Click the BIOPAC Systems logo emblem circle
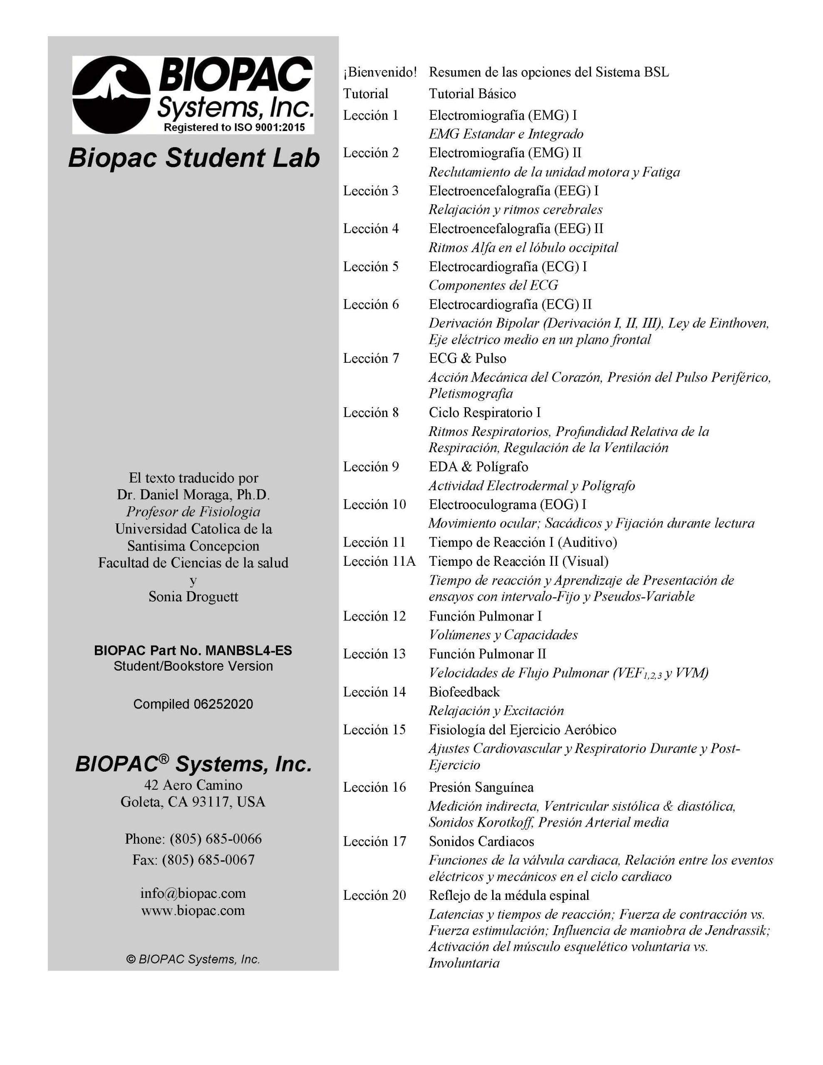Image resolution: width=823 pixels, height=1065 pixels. pyautogui.click(x=111, y=94)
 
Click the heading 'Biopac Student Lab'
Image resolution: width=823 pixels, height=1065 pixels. pyautogui.click(x=193, y=158)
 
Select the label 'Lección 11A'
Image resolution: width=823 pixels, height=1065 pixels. pyautogui.click(x=379, y=561)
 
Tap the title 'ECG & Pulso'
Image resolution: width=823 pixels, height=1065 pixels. pyautogui.click(x=467, y=359)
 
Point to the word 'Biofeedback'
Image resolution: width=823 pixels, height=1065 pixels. pyautogui.click(x=464, y=692)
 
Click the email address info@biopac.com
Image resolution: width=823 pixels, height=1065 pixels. pyautogui.click(x=193, y=893)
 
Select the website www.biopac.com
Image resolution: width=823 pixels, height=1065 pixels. pyautogui.click(x=193, y=910)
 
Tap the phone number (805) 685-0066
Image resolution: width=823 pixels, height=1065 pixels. pyautogui.click(x=216, y=839)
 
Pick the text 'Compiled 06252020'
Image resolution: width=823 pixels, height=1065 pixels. pyautogui.click(x=193, y=704)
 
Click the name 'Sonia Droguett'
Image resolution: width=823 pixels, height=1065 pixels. pyautogui.click(x=193, y=597)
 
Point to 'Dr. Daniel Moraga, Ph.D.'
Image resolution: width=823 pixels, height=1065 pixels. pyautogui.click(x=193, y=495)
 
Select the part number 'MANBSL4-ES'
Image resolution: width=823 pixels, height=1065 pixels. pyautogui.click(x=248, y=651)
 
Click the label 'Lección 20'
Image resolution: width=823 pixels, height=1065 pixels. pyautogui.click(x=374, y=895)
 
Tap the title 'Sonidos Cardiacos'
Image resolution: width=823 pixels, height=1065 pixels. pyautogui.click(x=481, y=841)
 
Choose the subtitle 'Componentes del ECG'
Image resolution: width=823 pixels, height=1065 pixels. pyautogui.click(x=493, y=285)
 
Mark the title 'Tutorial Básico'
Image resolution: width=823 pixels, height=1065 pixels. pyautogui.click(x=472, y=94)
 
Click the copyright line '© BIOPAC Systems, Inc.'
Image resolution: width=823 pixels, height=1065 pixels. pyautogui.click(x=193, y=959)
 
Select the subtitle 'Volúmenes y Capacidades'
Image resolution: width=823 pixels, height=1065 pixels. pyautogui.click(x=503, y=635)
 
